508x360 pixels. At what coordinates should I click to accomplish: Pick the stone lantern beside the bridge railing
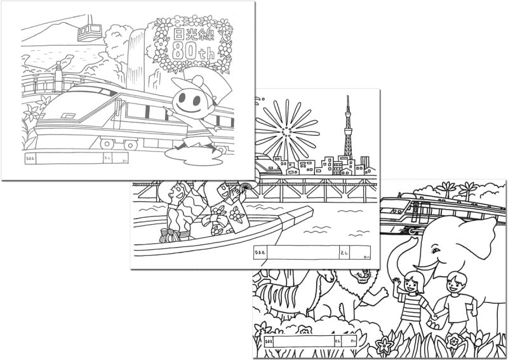tap(59, 73)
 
